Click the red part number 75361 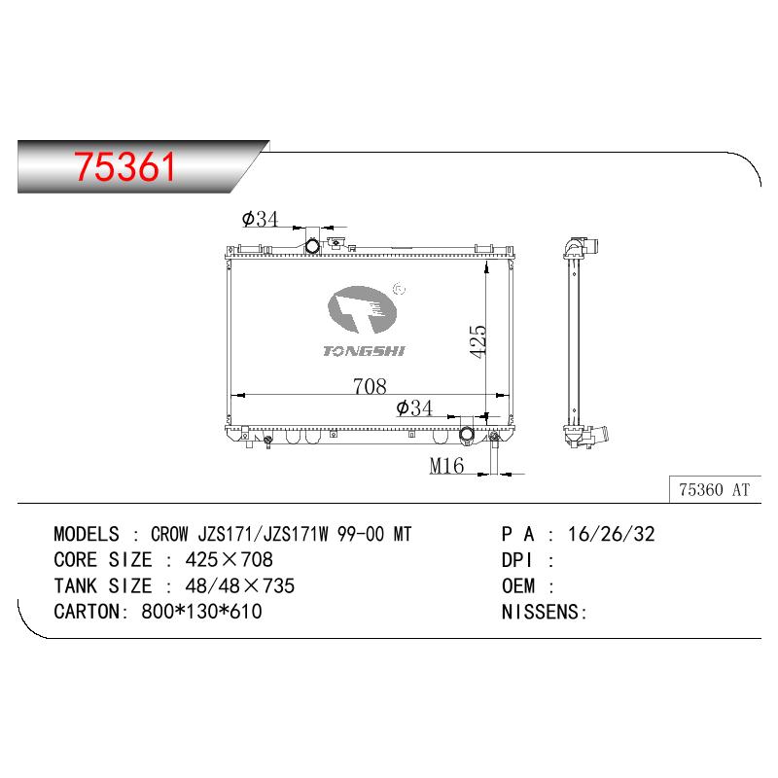coord(124,166)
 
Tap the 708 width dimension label coord(370,386)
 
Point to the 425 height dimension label coord(477,341)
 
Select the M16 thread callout coord(446,466)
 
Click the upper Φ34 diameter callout coord(260,218)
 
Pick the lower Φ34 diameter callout coord(414,407)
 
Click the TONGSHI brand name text coord(364,351)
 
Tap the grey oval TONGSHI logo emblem coord(362,309)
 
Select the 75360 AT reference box coord(715,490)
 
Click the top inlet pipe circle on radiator coord(312,246)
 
